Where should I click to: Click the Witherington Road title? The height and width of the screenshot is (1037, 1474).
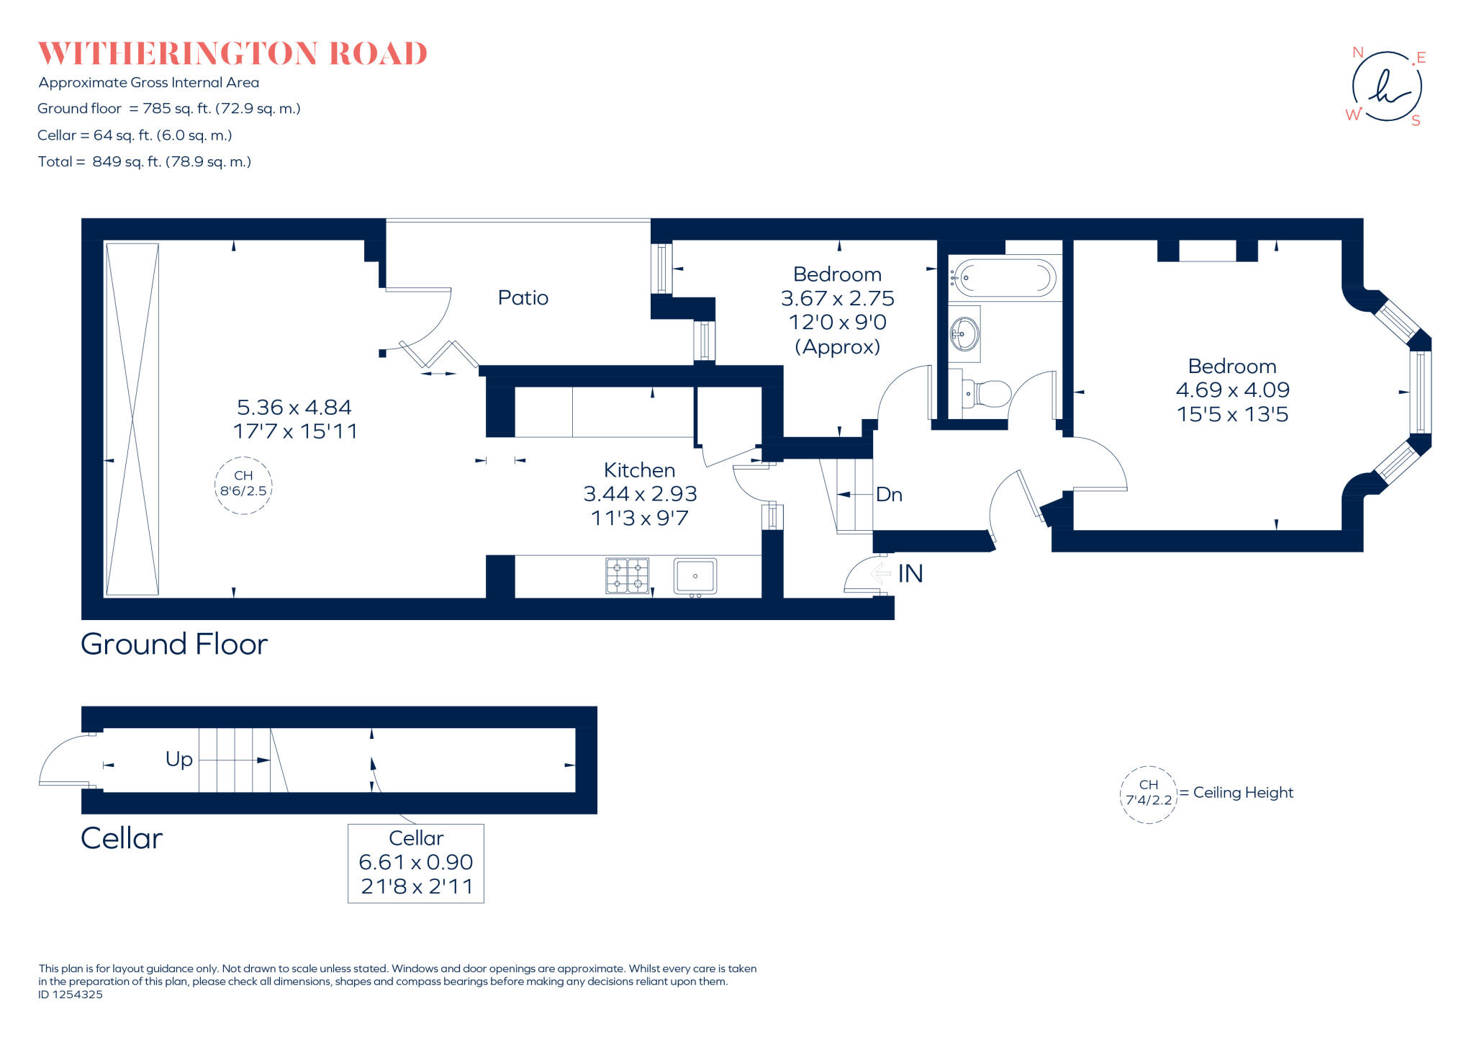[232, 54]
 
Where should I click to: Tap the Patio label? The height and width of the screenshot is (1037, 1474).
[523, 297]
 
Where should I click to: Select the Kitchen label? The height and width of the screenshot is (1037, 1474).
[639, 470]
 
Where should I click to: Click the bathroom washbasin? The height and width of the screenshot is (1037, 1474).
[964, 333]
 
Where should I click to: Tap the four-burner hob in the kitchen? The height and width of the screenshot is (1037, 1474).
[627, 575]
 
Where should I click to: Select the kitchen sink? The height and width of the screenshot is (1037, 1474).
[695, 576]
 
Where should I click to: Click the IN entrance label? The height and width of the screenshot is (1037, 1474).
[910, 573]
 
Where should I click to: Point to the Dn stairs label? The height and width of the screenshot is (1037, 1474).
[889, 495]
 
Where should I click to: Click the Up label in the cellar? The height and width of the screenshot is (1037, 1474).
[179, 759]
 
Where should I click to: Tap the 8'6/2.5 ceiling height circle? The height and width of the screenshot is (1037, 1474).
[243, 485]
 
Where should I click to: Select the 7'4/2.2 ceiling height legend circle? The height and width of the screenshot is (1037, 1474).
[1148, 794]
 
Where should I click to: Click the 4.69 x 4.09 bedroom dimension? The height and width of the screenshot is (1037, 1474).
[1232, 390]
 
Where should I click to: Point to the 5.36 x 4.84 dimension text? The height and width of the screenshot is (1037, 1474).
[294, 408]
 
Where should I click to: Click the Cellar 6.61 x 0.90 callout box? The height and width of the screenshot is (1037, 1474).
[416, 863]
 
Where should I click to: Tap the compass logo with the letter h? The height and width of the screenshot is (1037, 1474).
[1386, 86]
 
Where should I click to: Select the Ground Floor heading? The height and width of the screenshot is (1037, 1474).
[174, 644]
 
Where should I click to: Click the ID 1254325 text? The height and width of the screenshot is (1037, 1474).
[71, 995]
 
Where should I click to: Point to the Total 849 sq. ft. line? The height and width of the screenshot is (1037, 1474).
[145, 162]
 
